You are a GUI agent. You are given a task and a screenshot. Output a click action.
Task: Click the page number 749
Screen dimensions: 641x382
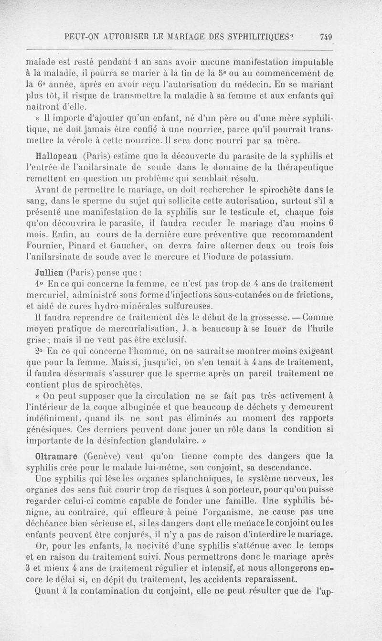[327, 37]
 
